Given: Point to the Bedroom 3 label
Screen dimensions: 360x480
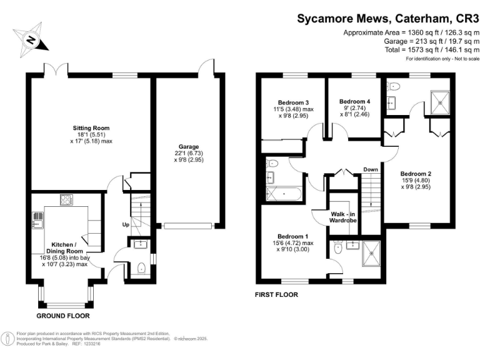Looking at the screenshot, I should coord(293,102).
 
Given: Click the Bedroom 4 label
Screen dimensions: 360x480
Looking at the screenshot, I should coord(354,101).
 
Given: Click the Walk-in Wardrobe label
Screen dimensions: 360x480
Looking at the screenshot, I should coord(344,217).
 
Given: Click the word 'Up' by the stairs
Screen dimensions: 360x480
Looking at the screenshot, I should coord(125,223).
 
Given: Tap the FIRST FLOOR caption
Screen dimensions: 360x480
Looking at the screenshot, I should coord(277,294).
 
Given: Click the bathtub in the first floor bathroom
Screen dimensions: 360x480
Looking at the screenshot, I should coord(284,194).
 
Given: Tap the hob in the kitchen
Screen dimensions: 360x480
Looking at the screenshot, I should coord(66,200).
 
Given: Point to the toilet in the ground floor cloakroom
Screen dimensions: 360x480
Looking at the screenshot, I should coord(141,269).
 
